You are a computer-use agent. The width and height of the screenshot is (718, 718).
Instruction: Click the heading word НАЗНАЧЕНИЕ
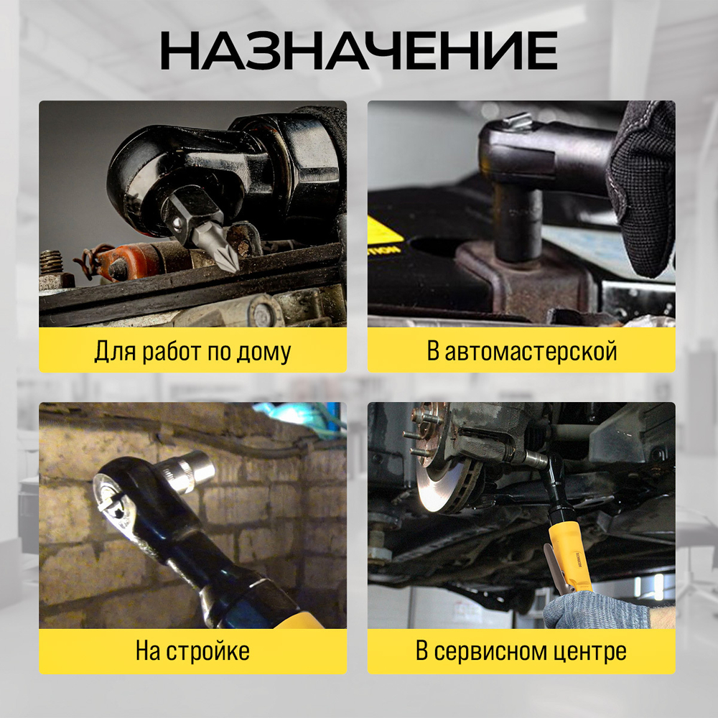pyautogui.click(x=358, y=51)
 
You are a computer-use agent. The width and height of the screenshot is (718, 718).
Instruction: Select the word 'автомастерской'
pyautogui.click(x=531, y=352)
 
